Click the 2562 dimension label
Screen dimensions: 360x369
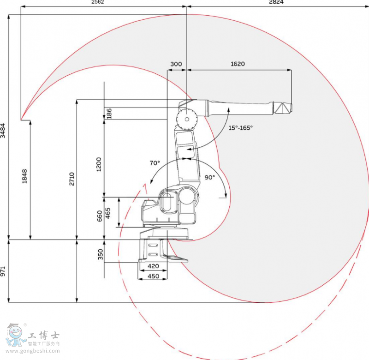pos(98,2)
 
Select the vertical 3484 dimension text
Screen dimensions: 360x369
pos(3,130)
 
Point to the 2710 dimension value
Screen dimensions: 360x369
pos(71,179)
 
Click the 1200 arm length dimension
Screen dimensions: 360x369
pos(99,164)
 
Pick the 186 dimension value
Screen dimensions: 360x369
pos(109,114)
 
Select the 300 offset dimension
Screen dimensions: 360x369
pos(176,64)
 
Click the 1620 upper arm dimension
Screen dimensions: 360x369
pos(238,64)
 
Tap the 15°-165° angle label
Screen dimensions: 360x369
pos(241,128)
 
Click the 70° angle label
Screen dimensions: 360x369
pos(155,163)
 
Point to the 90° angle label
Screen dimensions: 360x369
pos(210,177)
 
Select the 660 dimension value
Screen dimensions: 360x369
pos(100,216)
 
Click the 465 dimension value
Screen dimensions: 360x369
pos(108,214)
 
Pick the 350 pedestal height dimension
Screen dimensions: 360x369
pos(100,254)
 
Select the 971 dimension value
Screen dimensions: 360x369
pos(3,271)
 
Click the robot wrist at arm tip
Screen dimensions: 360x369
pos(282,108)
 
